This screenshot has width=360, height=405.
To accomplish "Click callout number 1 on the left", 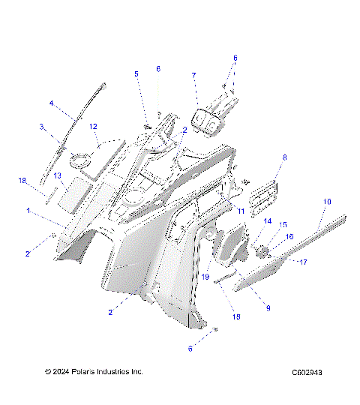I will [28, 212].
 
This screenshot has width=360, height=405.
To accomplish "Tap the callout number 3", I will [42, 127].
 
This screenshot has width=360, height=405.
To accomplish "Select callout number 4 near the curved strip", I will [51, 103].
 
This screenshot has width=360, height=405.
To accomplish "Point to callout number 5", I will [136, 73].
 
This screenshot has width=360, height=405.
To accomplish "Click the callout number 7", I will [193, 76].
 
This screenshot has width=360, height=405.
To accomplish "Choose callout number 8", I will [284, 157].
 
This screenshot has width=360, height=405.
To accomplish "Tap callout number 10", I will [327, 202].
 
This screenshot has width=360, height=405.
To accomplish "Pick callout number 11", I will [241, 213].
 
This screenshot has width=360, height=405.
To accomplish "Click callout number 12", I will [94, 127].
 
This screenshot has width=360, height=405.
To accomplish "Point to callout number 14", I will [267, 220].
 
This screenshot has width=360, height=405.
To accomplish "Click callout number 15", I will [283, 225].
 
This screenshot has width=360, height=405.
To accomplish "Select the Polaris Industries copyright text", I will [94, 372].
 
